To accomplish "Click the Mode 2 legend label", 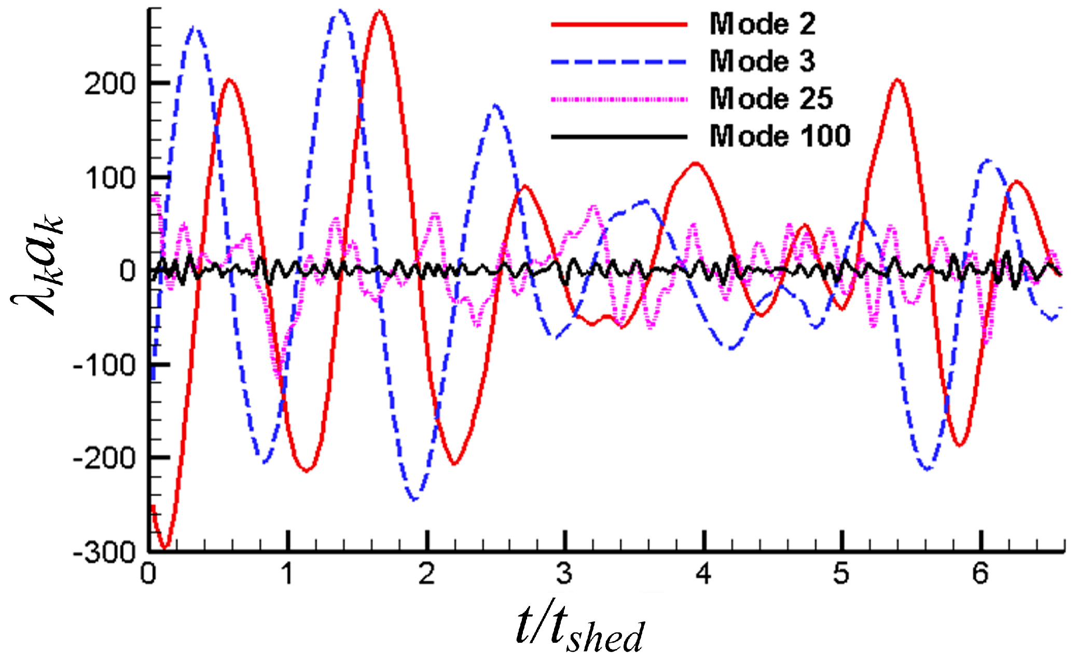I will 762,24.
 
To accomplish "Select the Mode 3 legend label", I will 762,61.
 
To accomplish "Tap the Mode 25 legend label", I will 771,99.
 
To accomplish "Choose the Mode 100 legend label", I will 780,136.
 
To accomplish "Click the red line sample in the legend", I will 619,24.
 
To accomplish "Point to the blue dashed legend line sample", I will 619,62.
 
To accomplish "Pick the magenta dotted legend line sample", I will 619,99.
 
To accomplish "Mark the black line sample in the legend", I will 619,137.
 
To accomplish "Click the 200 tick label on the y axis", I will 109,84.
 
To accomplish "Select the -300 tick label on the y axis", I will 104,552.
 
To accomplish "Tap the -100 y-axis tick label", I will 104,366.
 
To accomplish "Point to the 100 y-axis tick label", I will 109,178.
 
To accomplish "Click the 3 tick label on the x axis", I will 564,574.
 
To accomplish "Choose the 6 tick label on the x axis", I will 980,574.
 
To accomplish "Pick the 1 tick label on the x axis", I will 287,574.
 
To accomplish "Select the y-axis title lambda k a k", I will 37,265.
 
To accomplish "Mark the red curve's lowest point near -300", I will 165,547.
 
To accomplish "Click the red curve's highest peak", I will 380,11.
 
